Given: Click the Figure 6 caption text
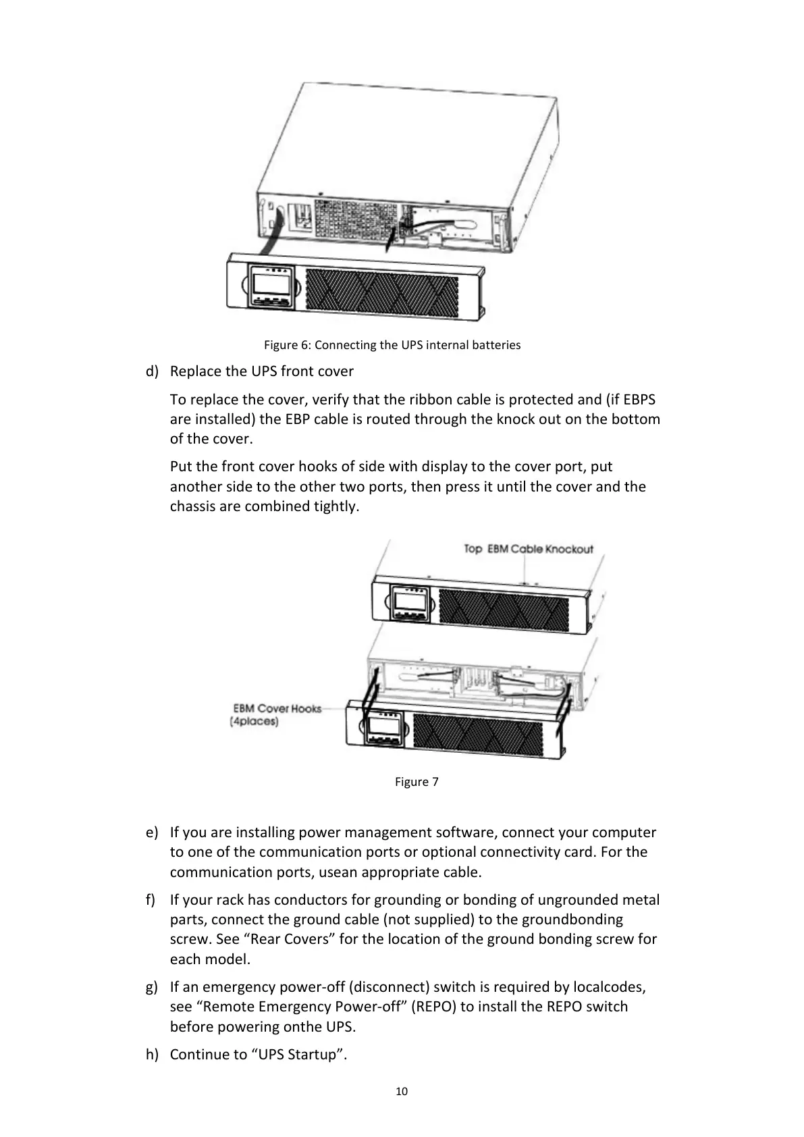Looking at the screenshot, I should [x=392, y=345].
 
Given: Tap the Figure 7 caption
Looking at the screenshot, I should [x=416, y=782].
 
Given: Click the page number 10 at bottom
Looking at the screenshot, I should [x=402, y=1091].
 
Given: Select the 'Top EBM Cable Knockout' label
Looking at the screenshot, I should [x=528, y=549].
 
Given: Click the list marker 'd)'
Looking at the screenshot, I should [x=152, y=371].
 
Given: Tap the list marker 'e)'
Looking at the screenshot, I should [x=152, y=832].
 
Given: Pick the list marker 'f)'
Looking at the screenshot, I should [x=151, y=900].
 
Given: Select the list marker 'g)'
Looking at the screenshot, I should [x=152, y=987].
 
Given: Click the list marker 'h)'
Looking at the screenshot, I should [x=152, y=1055].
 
